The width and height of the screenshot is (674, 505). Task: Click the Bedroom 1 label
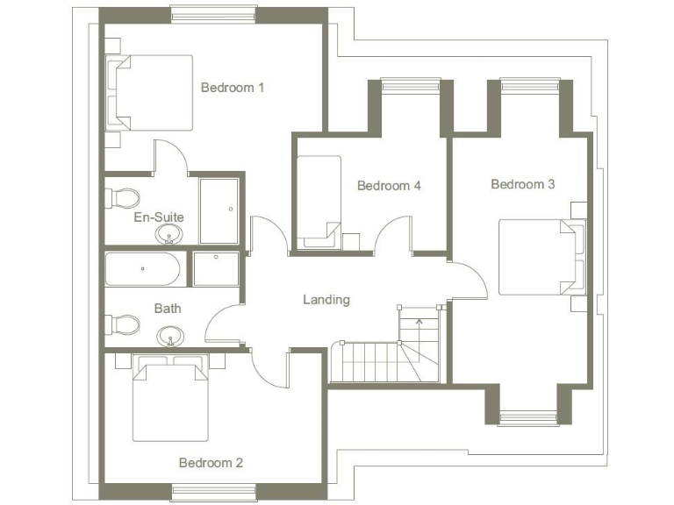click(233, 88)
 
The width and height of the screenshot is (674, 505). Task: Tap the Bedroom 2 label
click(211, 463)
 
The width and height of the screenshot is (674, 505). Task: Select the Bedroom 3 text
click(523, 184)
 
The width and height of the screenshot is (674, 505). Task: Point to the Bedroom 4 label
click(389, 186)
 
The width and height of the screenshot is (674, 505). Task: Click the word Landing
click(326, 300)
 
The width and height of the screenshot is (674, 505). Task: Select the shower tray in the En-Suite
click(219, 211)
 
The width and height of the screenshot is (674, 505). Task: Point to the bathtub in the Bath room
click(143, 270)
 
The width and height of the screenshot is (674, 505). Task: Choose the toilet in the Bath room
click(122, 324)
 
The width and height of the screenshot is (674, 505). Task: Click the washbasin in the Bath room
click(169, 336)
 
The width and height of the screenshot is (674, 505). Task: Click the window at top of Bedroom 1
click(214, 13)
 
